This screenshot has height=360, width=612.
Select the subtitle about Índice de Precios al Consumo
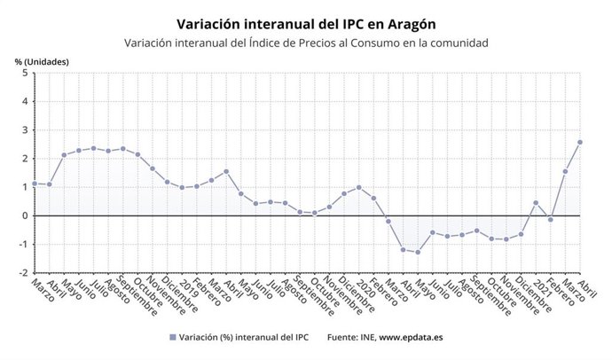306,43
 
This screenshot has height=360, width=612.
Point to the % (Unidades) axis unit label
42,61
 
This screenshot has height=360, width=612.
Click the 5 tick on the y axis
24,73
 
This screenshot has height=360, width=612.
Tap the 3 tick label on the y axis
24,130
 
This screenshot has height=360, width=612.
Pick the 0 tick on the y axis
24,215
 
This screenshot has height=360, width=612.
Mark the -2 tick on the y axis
22,273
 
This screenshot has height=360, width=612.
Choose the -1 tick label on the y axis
22,245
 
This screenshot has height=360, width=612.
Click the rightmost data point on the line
580,142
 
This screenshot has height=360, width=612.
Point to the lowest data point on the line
418,253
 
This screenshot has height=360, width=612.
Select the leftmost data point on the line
34,184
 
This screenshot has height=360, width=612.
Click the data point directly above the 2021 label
536,202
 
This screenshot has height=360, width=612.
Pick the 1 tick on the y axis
24,187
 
